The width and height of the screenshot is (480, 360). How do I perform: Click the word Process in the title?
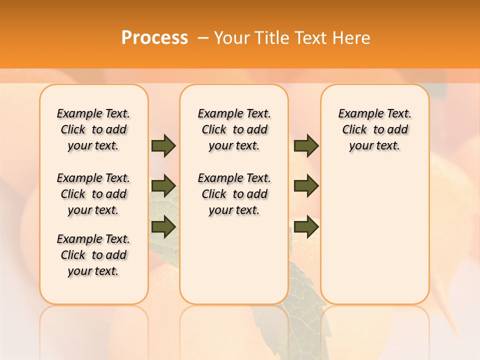click(154, 37)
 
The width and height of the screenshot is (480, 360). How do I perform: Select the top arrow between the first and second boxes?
click(163, 145)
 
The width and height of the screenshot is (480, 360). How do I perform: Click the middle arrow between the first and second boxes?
click(163, 186)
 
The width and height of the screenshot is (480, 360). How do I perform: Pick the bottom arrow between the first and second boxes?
click(163, 226)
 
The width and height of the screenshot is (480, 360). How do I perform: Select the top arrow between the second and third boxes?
click(306, 145)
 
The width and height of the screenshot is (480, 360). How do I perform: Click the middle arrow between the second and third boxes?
click(306, 186)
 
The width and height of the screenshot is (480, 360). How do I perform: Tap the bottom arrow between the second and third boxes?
click(306, 226)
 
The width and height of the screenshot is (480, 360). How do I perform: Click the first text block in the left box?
click(93, 129)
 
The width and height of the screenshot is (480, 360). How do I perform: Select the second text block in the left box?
click(93, 194)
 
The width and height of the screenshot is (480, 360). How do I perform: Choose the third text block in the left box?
click(93, 255)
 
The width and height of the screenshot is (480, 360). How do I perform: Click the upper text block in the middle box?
click(234, 129)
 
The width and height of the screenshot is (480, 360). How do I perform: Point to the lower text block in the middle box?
click(234, 194)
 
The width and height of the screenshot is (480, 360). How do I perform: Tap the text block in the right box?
click(374, 129)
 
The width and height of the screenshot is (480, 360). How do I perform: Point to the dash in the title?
click(203, 37)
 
